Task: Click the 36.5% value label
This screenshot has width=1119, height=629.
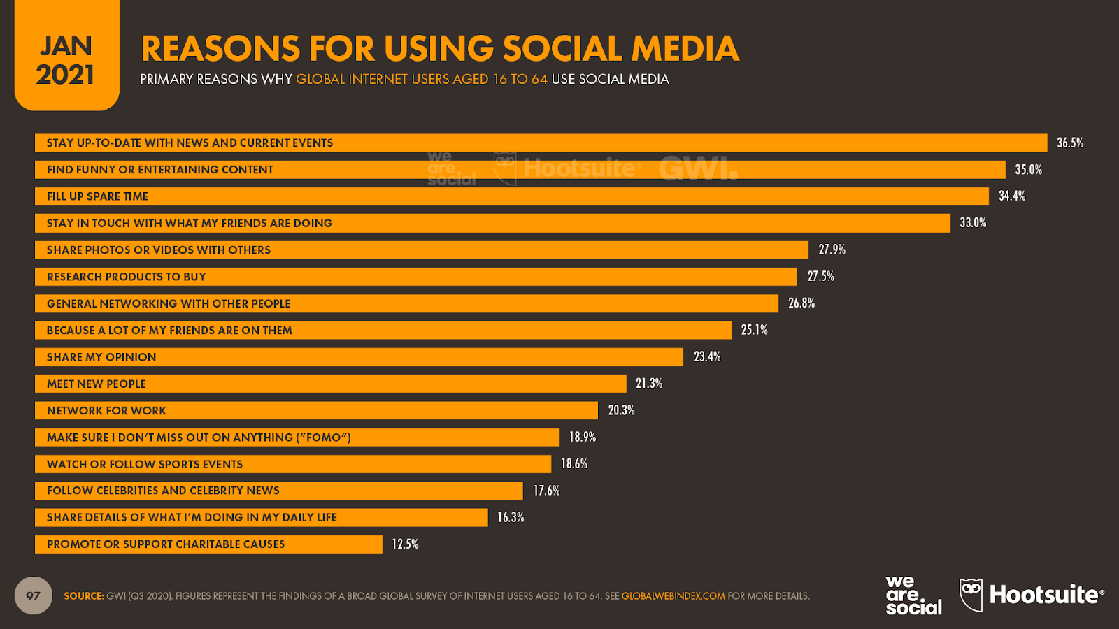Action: coord(1070,143)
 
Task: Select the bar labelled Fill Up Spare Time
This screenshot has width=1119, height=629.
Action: coord(511,196)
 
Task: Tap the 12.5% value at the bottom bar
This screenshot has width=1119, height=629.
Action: coord(405,544)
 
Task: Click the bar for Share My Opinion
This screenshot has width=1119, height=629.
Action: coord(359,357)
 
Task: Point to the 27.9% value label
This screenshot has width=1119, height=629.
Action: coord(832,250)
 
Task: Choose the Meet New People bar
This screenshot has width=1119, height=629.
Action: coord(330,384)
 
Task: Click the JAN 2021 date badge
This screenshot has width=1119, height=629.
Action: coord(66,60)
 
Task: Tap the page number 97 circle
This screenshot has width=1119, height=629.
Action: coord(33,595)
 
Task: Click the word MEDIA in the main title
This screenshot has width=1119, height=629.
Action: coord(685,49)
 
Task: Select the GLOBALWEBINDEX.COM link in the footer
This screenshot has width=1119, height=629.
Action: coord(673,596)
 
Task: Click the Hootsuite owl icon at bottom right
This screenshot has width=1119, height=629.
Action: coord(971,595)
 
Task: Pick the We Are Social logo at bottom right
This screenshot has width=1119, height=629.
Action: coord(913,595)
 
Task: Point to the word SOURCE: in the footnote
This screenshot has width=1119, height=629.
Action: coord(84,596)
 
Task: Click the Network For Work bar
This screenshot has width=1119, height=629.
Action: coord(316,410)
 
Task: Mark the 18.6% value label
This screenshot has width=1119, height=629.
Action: coord(574,463)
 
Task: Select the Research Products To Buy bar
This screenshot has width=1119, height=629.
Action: coord(415,277)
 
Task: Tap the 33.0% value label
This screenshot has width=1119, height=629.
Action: coord(973,223)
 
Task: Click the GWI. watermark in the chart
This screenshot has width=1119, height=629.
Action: coord(698,168)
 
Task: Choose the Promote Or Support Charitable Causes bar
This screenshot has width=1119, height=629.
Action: coord(208,544)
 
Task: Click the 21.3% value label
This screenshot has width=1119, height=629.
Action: coord(649,384)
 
